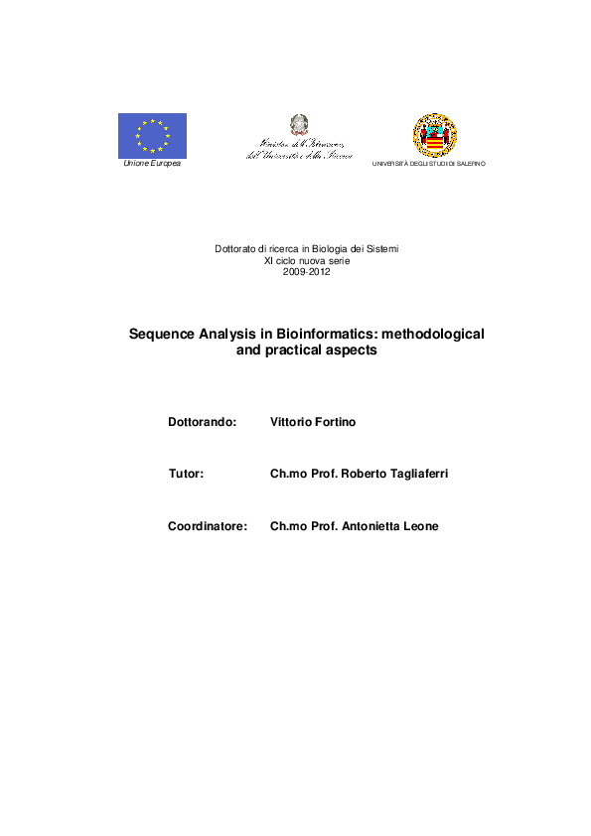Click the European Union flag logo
152,134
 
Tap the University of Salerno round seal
434,135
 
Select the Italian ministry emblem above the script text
299,124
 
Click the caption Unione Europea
152,163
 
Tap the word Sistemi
381,248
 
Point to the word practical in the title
299,350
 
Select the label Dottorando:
203,422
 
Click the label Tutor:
187,475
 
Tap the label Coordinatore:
208,526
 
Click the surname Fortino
334,422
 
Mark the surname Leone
419,526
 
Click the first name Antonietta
366,526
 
